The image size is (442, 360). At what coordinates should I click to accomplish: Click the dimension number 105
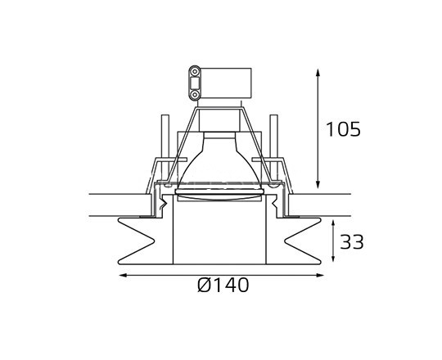[x=343, y=129]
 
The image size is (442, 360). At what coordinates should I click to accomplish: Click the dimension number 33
[x=351, y=242]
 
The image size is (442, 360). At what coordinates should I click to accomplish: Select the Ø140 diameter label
[x=223, y=286]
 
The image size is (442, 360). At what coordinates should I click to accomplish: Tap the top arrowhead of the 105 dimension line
[x=318, y=73]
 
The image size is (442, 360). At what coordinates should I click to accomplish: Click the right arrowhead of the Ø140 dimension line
[x=321, y=276]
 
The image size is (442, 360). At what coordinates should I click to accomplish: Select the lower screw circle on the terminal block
[x=195, y=92]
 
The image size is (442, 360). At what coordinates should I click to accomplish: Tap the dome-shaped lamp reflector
[x=221, y=160]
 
